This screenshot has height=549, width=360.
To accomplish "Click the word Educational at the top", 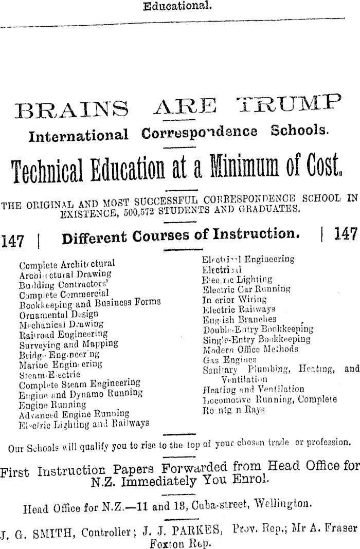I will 177,7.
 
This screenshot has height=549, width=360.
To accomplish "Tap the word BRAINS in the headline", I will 73,108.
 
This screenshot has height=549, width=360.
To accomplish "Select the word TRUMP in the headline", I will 288,105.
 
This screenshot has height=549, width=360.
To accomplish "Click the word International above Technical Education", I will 78,135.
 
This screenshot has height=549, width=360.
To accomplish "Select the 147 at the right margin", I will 345,235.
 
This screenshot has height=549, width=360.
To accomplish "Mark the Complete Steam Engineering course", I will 79,384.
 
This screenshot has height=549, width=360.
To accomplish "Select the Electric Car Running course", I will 247,290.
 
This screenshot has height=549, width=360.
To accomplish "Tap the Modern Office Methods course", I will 250,350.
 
